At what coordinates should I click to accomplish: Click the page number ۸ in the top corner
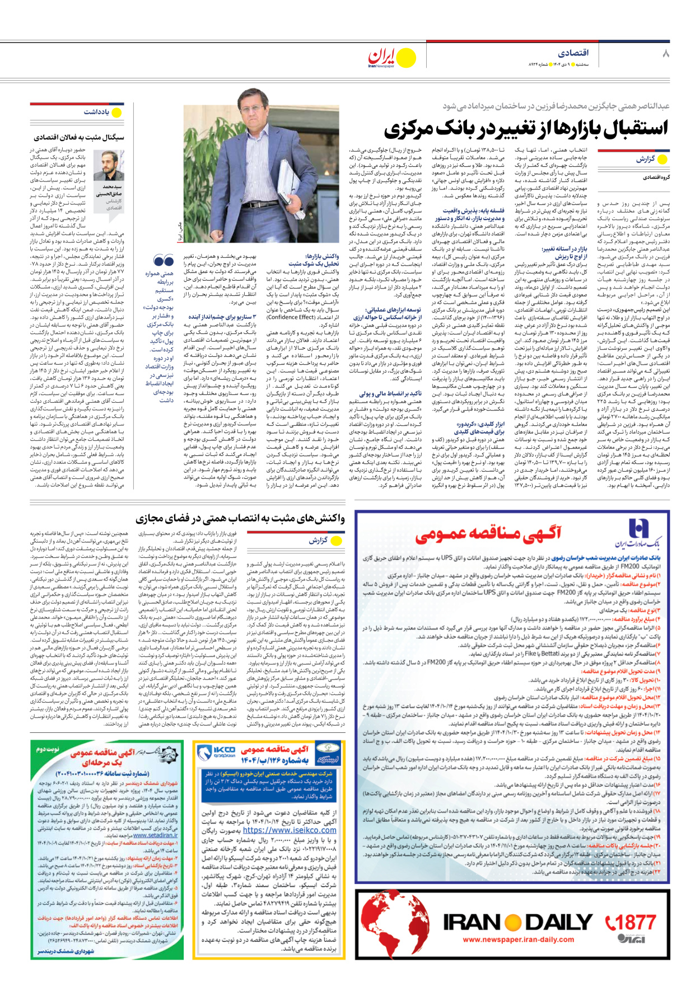tap(665, 53)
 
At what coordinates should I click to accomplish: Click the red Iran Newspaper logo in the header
tap(382, 57)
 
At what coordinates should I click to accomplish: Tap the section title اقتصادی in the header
tap(573, 53)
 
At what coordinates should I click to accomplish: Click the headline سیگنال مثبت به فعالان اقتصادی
tap(79, 137)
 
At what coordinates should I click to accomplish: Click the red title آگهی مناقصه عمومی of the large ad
tap(488, 534)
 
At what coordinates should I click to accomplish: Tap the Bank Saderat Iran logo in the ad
tap(638, 532)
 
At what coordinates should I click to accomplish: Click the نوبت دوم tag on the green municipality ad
tap(48, 748)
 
